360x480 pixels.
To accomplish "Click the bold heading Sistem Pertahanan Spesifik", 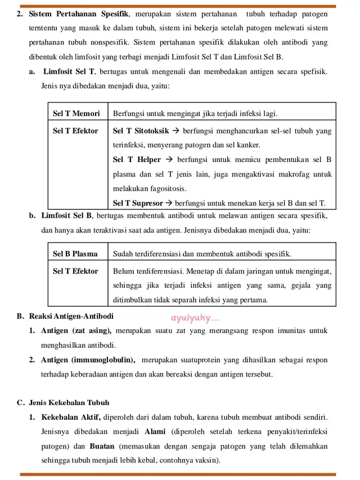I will point(78,14).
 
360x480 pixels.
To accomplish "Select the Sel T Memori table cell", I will point(76,113).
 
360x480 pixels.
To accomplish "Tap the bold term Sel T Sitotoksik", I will point(141,131).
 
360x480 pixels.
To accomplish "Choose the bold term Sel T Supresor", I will point(138,203).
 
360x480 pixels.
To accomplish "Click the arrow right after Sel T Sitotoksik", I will point(175,131).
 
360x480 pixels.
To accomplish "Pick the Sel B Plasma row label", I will point(75,253).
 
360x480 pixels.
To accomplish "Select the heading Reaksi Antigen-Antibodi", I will point(70,316).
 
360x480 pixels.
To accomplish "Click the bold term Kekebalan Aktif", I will point(71,417).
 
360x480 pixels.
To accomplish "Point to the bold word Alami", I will point(155,432).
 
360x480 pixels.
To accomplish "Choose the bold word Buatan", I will point(102,446).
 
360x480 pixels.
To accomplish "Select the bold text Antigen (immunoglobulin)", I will point(88,360).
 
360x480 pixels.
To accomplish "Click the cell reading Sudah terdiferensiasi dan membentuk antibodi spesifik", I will point(202,253).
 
